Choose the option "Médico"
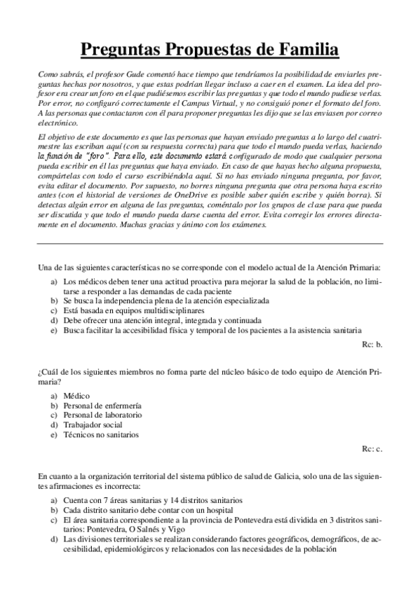tap(76, 396)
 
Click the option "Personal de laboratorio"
tap(102, 415)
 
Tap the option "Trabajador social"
tap(93, 424)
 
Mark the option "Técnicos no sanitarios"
tap(101, 434)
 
